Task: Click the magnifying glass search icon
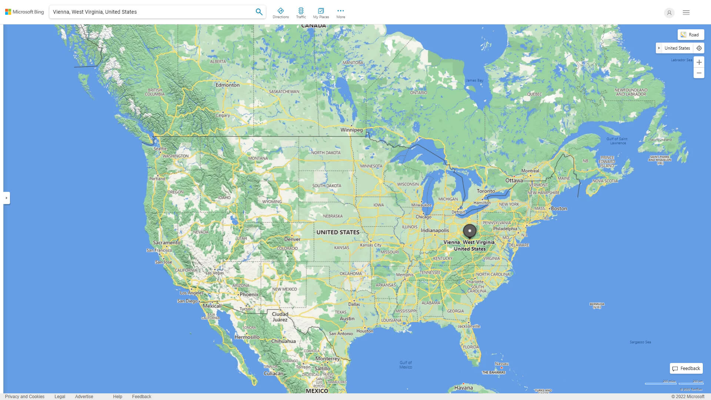click(259, 12)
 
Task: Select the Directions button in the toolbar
click(280, 13)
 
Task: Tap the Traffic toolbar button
click(301, 13)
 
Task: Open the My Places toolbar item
click(321, 13)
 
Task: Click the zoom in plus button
click(699, 62)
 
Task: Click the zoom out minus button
click(699, 73)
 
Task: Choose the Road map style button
click(690, 35)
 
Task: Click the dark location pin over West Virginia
click(470, 231)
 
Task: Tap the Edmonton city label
click(227, 85)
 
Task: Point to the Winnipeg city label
click(351, 130)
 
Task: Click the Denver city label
click(292, 239)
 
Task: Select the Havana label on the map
click(463, 388)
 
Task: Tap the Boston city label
click(559, 209)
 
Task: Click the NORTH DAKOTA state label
click(326, 153)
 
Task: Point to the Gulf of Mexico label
click(405, 365)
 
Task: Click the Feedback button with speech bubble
click(686, 369)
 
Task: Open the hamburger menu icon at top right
click(686, 13)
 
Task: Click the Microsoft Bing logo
click(24, 12)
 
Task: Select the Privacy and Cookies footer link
click(25, 397)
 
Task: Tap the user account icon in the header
click(669, 13)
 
